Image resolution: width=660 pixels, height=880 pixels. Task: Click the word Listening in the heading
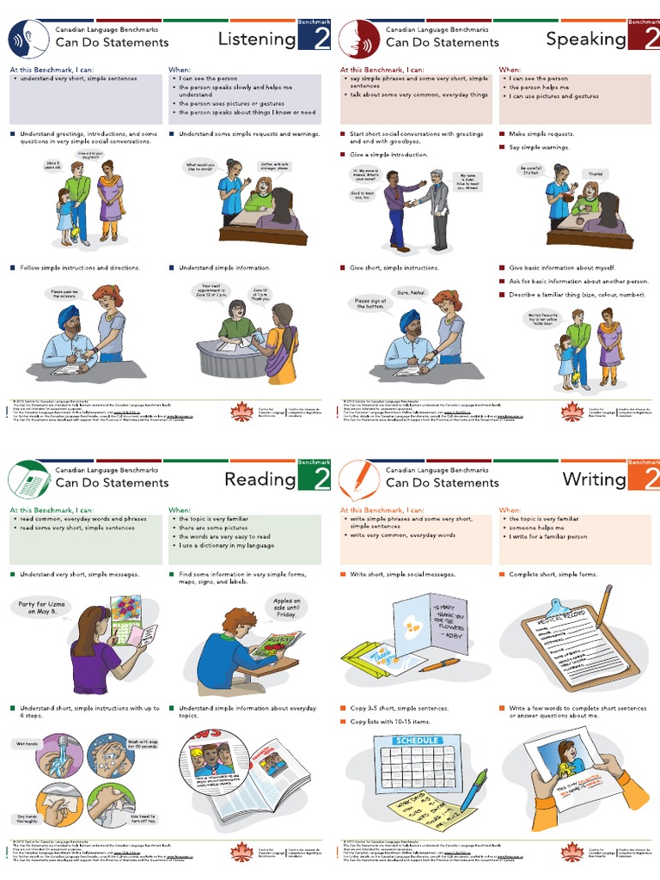pyautogui.click(x=256, y=39)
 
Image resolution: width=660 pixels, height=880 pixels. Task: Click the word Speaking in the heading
pyautogui.click(x=586, y=39)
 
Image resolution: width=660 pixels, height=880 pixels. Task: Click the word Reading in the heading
pyautogui.click(x=260, y=480)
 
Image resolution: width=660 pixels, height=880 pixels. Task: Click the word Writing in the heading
pyautogui.click(x=594, y=480)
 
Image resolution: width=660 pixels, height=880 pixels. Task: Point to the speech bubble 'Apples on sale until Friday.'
pyautogui.click(x=286, y=608)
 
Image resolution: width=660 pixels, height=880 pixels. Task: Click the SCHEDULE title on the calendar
pyautogui.click(x=418, y=740)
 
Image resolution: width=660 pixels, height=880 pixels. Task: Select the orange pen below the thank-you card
pyautogui.click(x=439, y=664)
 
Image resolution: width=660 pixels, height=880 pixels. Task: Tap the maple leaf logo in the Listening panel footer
pyautogui.click(x=243, y=413)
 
